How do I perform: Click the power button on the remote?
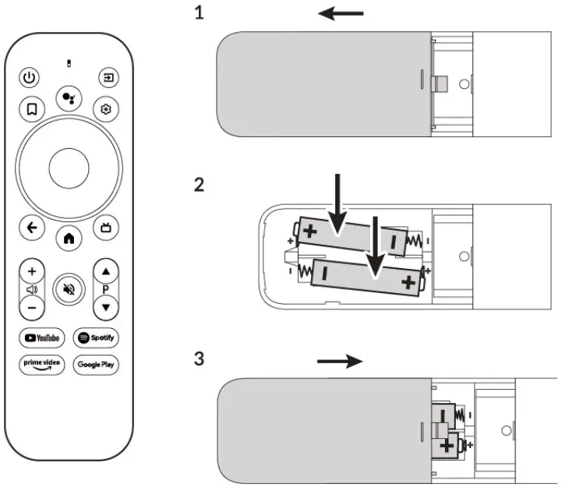click(30, 77)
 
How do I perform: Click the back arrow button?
click(31, 228)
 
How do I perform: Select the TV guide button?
click(106, 228)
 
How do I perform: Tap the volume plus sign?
click(31, 272)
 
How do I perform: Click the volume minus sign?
click(31, 306)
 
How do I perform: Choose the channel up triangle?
click(106, 272)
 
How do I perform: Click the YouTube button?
click(42, 337)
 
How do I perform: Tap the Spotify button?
click(96, 337)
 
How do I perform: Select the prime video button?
click(42, 364)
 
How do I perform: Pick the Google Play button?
click(96, 364)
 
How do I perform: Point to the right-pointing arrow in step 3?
click(341, 361)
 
